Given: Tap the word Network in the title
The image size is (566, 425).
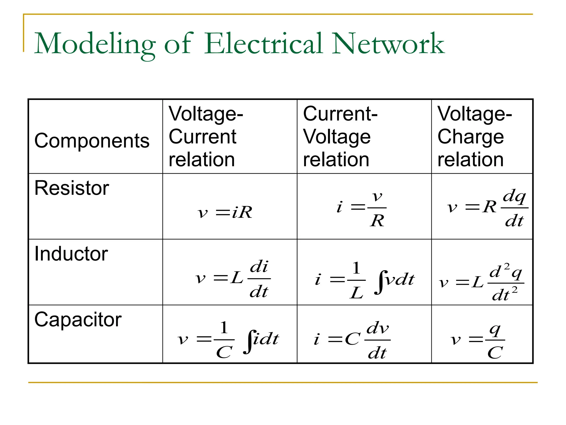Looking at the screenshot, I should click(x=388, y=44).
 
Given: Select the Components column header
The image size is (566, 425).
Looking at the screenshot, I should click(x=92, y=141).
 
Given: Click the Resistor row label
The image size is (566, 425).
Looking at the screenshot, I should click(x=72, y=188).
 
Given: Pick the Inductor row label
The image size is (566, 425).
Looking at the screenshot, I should click(x=71, y=254).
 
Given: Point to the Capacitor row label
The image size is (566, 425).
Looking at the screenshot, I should click(x=78, y=320).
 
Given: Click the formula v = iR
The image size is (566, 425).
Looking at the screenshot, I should click(x=225, y=212).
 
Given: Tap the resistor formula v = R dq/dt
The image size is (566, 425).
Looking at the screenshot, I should click(x=487, y=208).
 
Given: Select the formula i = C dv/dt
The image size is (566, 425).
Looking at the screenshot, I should click(x=352, y=340).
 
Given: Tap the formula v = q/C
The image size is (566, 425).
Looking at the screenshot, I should click(x=478, y=340).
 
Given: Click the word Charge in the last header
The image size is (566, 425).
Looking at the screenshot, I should click(x=470, y=137).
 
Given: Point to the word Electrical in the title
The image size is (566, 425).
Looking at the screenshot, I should click(x=264, y=44).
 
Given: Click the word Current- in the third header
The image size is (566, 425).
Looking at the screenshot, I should click(x=340, y=114).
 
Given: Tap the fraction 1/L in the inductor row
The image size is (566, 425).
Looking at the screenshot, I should click(x=356, y=280).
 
